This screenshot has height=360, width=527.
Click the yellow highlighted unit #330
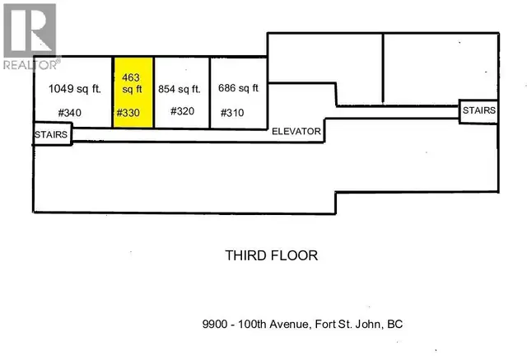[x=133, y=93]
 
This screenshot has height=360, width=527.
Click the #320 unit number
[x=182, y=111]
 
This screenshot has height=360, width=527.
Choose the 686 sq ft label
[x=238, y=88]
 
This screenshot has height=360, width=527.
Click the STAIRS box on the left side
[x=52, y=133]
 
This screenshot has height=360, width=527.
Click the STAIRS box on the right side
[x=478, y=110]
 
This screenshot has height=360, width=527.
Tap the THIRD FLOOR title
[x=271, y=255]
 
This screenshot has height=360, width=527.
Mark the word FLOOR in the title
[x=295, y=255]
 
